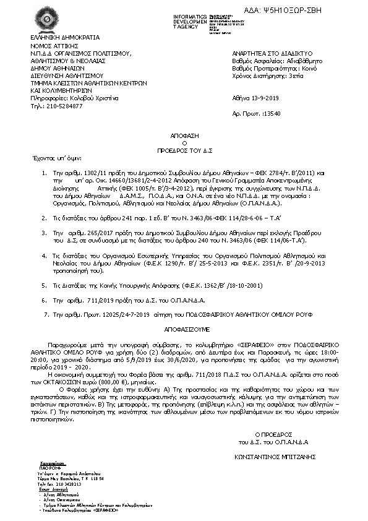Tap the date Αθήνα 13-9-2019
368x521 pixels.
255,98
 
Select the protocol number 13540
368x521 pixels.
272,114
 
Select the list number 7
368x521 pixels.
43,314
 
